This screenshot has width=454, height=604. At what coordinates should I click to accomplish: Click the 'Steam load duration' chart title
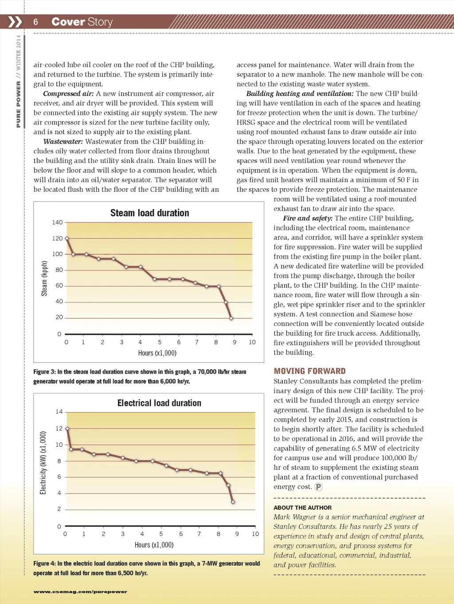coord(149,213)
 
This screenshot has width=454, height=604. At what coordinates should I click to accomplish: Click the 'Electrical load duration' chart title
coord(159,403)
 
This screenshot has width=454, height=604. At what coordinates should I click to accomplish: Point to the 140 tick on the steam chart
coord(58,222)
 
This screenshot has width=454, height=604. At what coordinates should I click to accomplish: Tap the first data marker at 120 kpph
coord(67,238)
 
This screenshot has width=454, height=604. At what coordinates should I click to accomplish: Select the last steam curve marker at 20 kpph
coord(231,318)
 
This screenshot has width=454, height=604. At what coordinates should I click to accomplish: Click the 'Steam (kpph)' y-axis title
coord(44,278)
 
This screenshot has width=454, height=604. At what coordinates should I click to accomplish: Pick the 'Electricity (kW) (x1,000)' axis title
coord(43,462)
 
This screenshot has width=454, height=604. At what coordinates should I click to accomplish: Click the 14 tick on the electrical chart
coord(59,412)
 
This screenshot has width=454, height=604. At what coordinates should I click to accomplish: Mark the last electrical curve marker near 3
coord(233,502)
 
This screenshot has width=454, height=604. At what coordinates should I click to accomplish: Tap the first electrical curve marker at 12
coord(67,429)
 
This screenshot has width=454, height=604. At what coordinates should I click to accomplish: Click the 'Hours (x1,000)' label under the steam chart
coord(157,353)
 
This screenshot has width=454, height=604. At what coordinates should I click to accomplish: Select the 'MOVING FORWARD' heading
coord(309,371)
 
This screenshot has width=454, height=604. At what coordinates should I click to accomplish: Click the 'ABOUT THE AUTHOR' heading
coord(302,507)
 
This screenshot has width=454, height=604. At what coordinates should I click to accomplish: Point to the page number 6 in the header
coord(35,22)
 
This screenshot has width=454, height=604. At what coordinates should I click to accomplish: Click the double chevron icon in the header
coord(15,22)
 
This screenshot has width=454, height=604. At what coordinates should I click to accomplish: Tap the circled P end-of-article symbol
coord(318,487)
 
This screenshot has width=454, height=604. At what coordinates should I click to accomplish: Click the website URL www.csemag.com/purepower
coord(80,592)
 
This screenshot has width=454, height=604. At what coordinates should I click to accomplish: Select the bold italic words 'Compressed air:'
coord(68,93)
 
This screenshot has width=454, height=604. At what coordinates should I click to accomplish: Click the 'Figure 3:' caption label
coord(44,372)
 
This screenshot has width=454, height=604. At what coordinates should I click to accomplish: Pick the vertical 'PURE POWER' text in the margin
coord(18,104)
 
